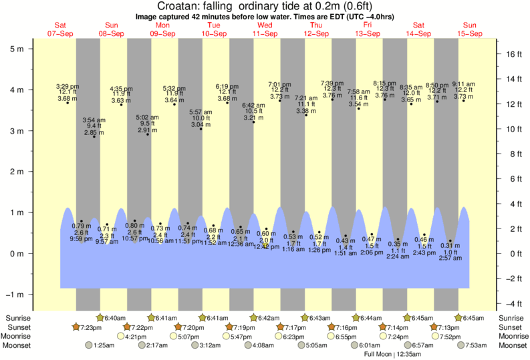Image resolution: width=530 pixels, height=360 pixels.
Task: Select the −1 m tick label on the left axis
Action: coord(14,295)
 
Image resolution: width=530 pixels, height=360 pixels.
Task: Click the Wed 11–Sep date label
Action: coord(265,29)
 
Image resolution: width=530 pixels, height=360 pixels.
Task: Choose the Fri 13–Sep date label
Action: coord(367,29)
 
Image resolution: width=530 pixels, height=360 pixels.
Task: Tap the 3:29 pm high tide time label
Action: coord(68,86)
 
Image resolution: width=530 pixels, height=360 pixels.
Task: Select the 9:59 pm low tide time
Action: coord(81,239)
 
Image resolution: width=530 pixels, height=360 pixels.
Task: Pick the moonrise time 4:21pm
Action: coord(136,337)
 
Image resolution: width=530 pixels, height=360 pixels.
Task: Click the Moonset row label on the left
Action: coord(19,346)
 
